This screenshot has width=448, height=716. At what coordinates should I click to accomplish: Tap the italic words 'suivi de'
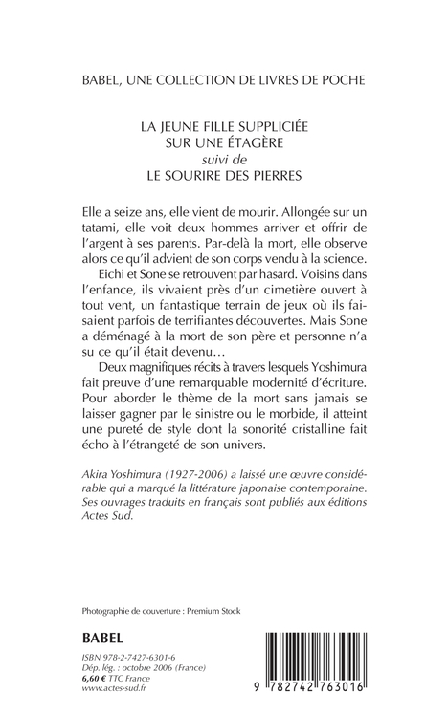tap(224, 161)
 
